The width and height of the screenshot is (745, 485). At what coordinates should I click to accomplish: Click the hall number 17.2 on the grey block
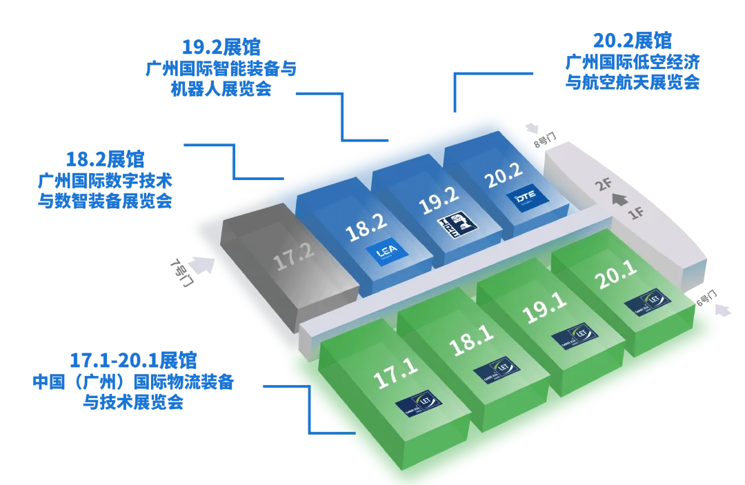[x=295, y=260]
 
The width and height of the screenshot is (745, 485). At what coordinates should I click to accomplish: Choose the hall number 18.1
[x=472, y=341]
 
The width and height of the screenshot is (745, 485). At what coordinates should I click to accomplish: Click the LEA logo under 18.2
[x=384, y=254]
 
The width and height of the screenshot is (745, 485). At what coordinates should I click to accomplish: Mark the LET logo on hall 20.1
[x=647, y=301]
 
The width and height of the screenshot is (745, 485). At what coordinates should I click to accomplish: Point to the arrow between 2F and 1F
[x=619, y=201]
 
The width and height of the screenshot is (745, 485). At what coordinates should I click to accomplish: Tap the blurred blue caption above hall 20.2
[x=631, y=62]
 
